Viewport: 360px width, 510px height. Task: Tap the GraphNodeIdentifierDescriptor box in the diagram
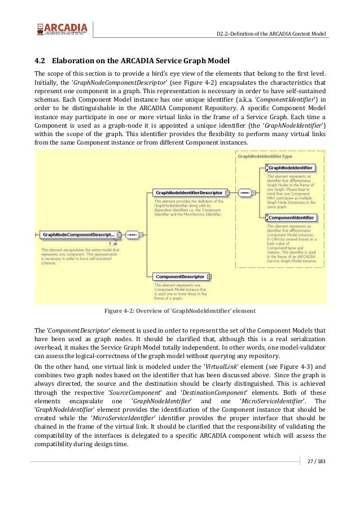click(x=188, y=193)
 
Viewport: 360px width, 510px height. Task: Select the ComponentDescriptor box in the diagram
click(x=180, y=277)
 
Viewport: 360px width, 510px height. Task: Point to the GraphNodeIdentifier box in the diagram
click(x=291, y=168)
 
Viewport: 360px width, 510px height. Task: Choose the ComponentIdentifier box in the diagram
click(x=291, y=217)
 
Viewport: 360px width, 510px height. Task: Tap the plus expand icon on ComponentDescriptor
click(x=209, y=277)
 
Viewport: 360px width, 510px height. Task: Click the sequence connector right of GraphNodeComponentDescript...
click(x=131, y=233)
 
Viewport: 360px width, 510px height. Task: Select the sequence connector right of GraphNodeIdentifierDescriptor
click(x=244, y=193)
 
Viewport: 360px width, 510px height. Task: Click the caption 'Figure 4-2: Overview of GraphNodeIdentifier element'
click(x=180, y=311)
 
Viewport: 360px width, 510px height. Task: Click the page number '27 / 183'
click(x=317, y=464)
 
